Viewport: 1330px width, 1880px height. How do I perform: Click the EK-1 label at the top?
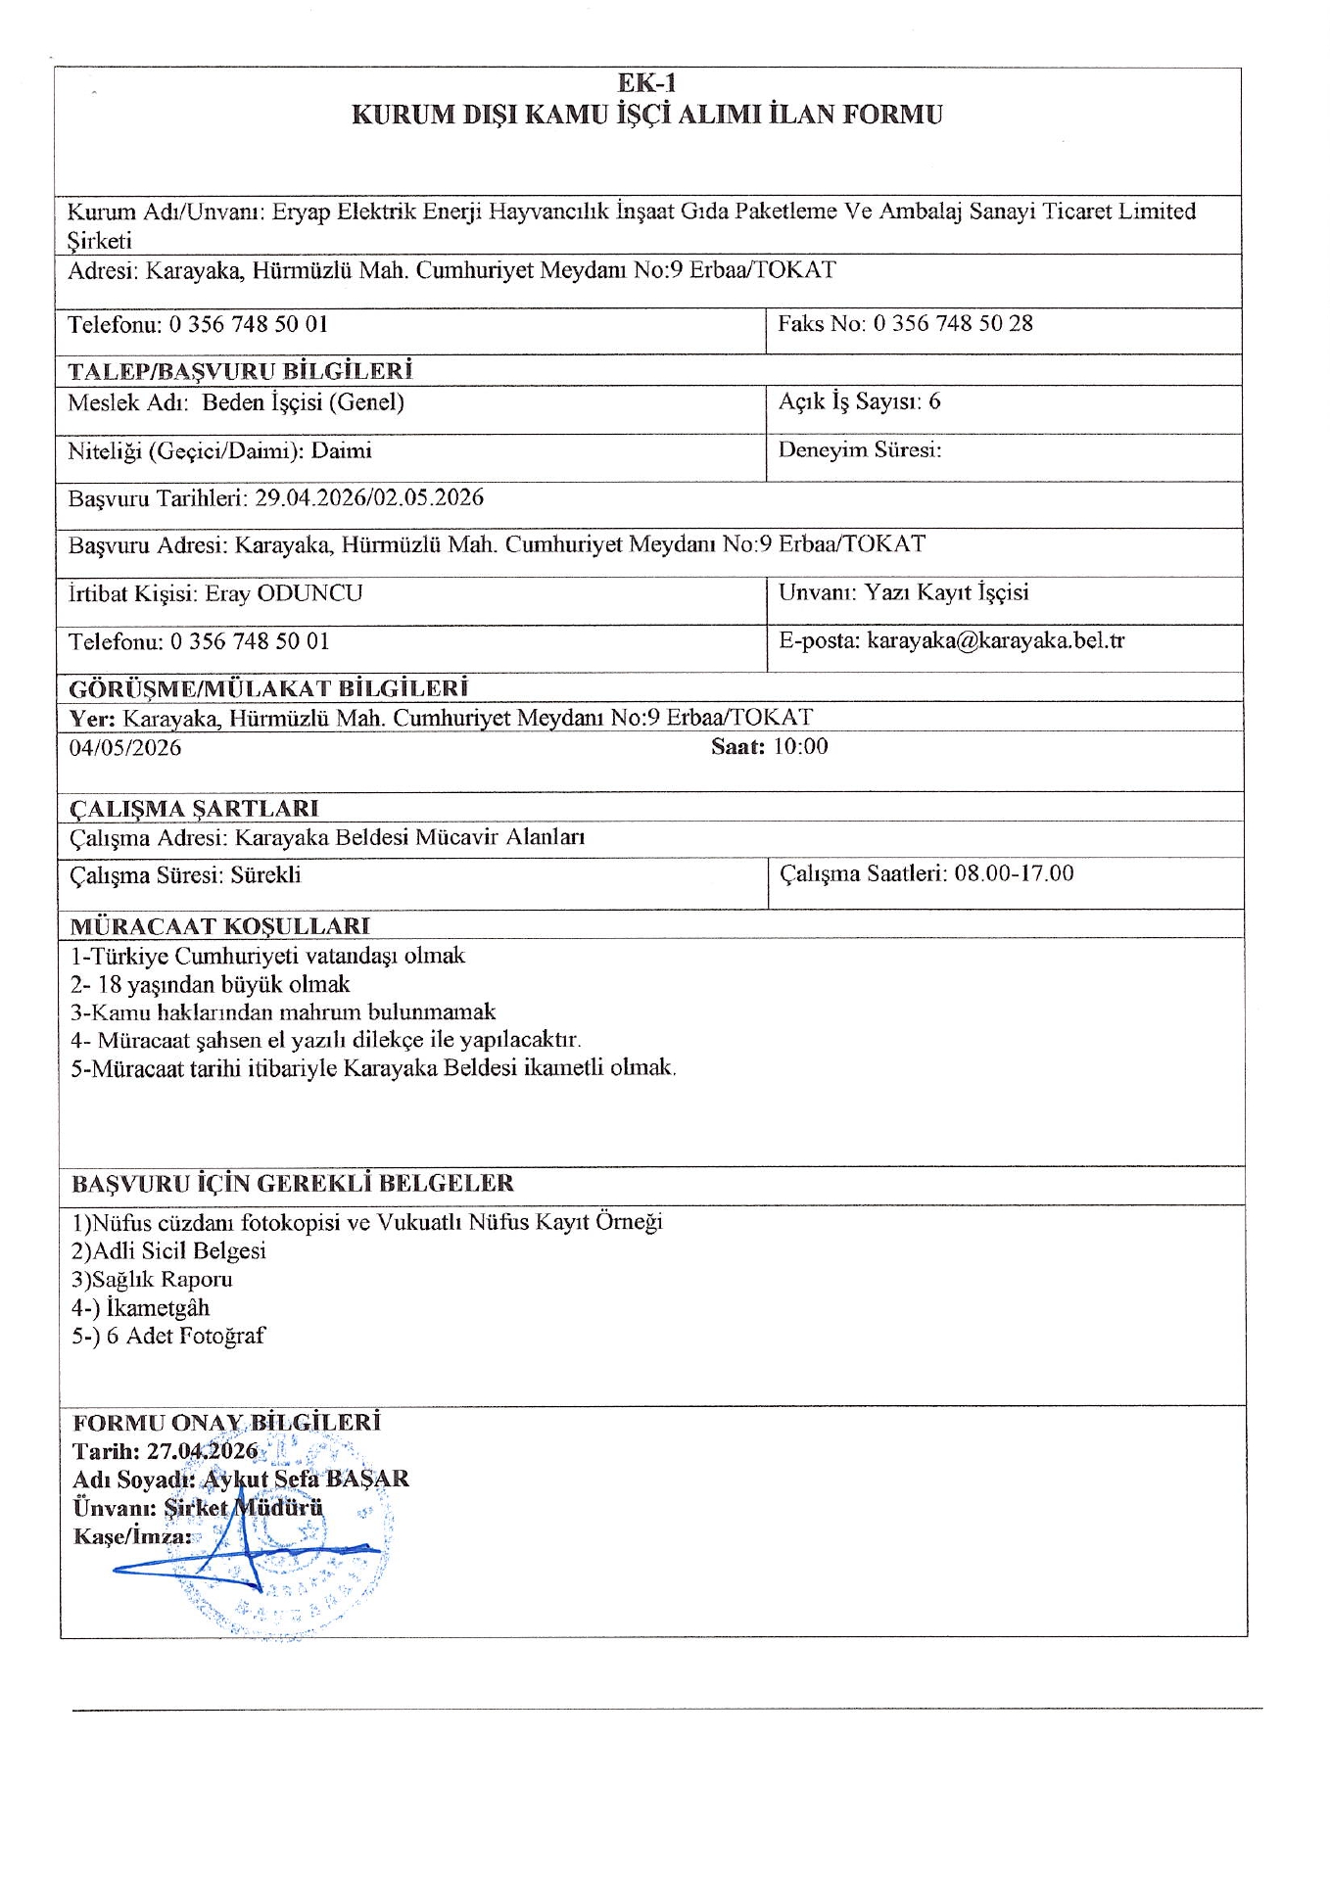coord(646,83)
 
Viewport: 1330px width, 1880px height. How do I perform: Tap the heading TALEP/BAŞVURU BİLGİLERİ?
coord(240,371)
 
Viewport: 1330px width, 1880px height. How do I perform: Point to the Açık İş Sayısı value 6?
coord(934,401)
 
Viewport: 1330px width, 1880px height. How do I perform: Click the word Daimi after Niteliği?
coord(342,451)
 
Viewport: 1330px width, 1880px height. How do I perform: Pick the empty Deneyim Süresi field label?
coord(859,450)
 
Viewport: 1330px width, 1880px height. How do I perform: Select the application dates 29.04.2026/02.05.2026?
coord(369,497)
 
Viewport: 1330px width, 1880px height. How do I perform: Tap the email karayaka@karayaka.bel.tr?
coord(995,641)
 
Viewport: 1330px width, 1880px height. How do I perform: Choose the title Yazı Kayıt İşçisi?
coord(946,592)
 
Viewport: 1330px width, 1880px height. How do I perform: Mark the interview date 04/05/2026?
coord(125,748)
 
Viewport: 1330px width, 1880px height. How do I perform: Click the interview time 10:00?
coord(800,747)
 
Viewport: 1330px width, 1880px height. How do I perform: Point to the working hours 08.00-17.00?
coord(1014,873)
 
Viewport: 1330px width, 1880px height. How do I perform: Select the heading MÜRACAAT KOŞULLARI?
coord(220,926)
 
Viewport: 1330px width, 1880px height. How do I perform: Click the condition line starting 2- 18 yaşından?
coord(211,984)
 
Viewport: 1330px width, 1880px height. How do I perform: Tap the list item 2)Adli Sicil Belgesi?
coord(168,1251)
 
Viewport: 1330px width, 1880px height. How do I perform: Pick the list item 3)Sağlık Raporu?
coord(152,1280)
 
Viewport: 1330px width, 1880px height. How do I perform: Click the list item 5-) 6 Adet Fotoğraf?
coord(167,1337)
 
